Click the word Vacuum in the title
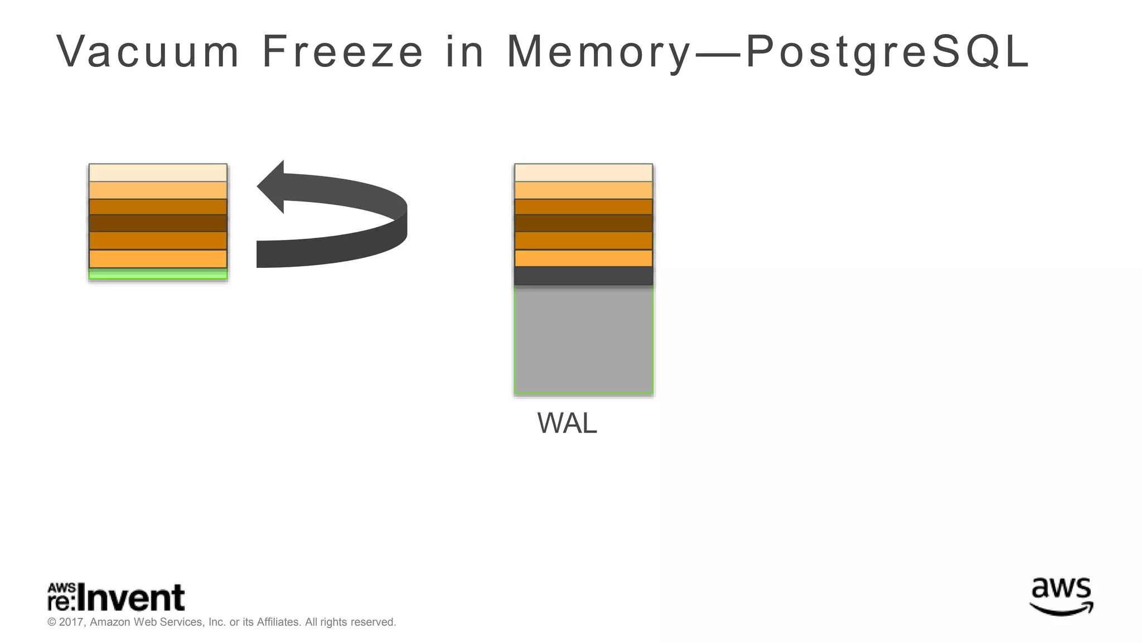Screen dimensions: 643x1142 tap(148, 52)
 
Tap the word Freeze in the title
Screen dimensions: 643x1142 tap(342, 52)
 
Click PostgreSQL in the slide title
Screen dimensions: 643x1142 tap(887, 52)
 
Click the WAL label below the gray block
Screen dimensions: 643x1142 tap(567, 423)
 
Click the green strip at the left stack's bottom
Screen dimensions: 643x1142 tap(158, 273)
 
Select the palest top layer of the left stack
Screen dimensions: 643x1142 tap(158, 172)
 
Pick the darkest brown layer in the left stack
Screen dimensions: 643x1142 tap(158, 223)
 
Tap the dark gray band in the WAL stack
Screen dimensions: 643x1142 tap(583, 276)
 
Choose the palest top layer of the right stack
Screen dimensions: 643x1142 tap(583, 172)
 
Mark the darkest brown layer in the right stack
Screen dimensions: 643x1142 tap(583, 223)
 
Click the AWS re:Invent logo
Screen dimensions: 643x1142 tap(116, 598)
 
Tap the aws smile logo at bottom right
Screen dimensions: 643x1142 tap(1061, 597)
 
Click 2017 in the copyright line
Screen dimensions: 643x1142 tap(71, 622)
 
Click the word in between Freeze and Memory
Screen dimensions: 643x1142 tap(464, 52)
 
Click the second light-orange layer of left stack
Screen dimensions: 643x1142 tap(158, 190)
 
